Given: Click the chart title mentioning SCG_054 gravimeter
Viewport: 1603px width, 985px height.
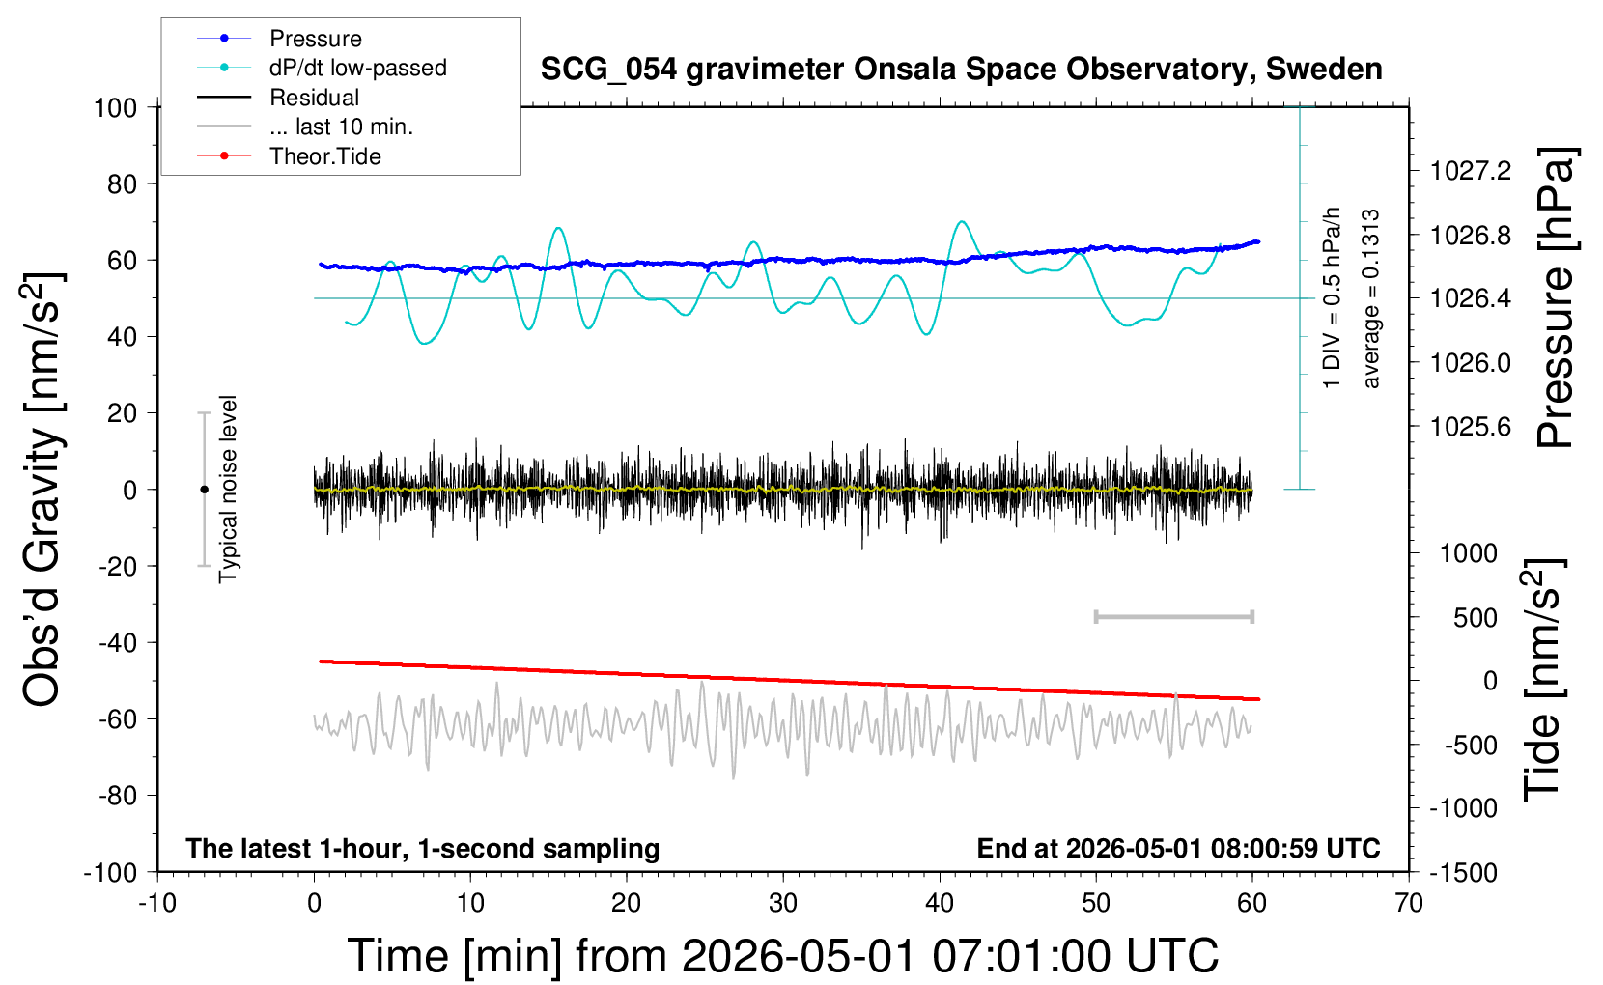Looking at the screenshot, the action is pos(961,70).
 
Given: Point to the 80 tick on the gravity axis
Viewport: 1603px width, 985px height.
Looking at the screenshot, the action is pos(122,184).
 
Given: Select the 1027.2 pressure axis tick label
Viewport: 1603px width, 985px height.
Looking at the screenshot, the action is pos(1471,171).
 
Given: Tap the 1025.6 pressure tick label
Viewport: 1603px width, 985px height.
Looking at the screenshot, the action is pos(1471,427).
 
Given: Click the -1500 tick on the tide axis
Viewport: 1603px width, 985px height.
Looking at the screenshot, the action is pos(1463,873).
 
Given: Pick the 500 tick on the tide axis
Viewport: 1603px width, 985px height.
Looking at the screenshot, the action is pos(1475,618).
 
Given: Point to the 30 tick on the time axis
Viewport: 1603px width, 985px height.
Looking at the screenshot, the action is pos(783,903).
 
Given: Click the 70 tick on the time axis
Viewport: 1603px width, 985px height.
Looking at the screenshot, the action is pos(1408,903).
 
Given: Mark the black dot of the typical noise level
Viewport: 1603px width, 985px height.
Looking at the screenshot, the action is pos(204,490).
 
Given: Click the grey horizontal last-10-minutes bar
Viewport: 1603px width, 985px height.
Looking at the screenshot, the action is pos(1174,617).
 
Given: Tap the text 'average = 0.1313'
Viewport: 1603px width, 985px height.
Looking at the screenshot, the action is pos(1370,299).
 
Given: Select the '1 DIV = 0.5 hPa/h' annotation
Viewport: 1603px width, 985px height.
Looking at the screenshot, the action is pos(1331,298).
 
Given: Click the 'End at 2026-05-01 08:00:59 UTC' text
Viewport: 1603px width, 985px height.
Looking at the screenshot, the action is pos(1179,848).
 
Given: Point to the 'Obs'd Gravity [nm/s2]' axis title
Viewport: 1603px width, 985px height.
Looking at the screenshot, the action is pos(42,490).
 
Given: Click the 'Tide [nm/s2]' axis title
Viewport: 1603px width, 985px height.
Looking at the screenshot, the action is pos(1544,680).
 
